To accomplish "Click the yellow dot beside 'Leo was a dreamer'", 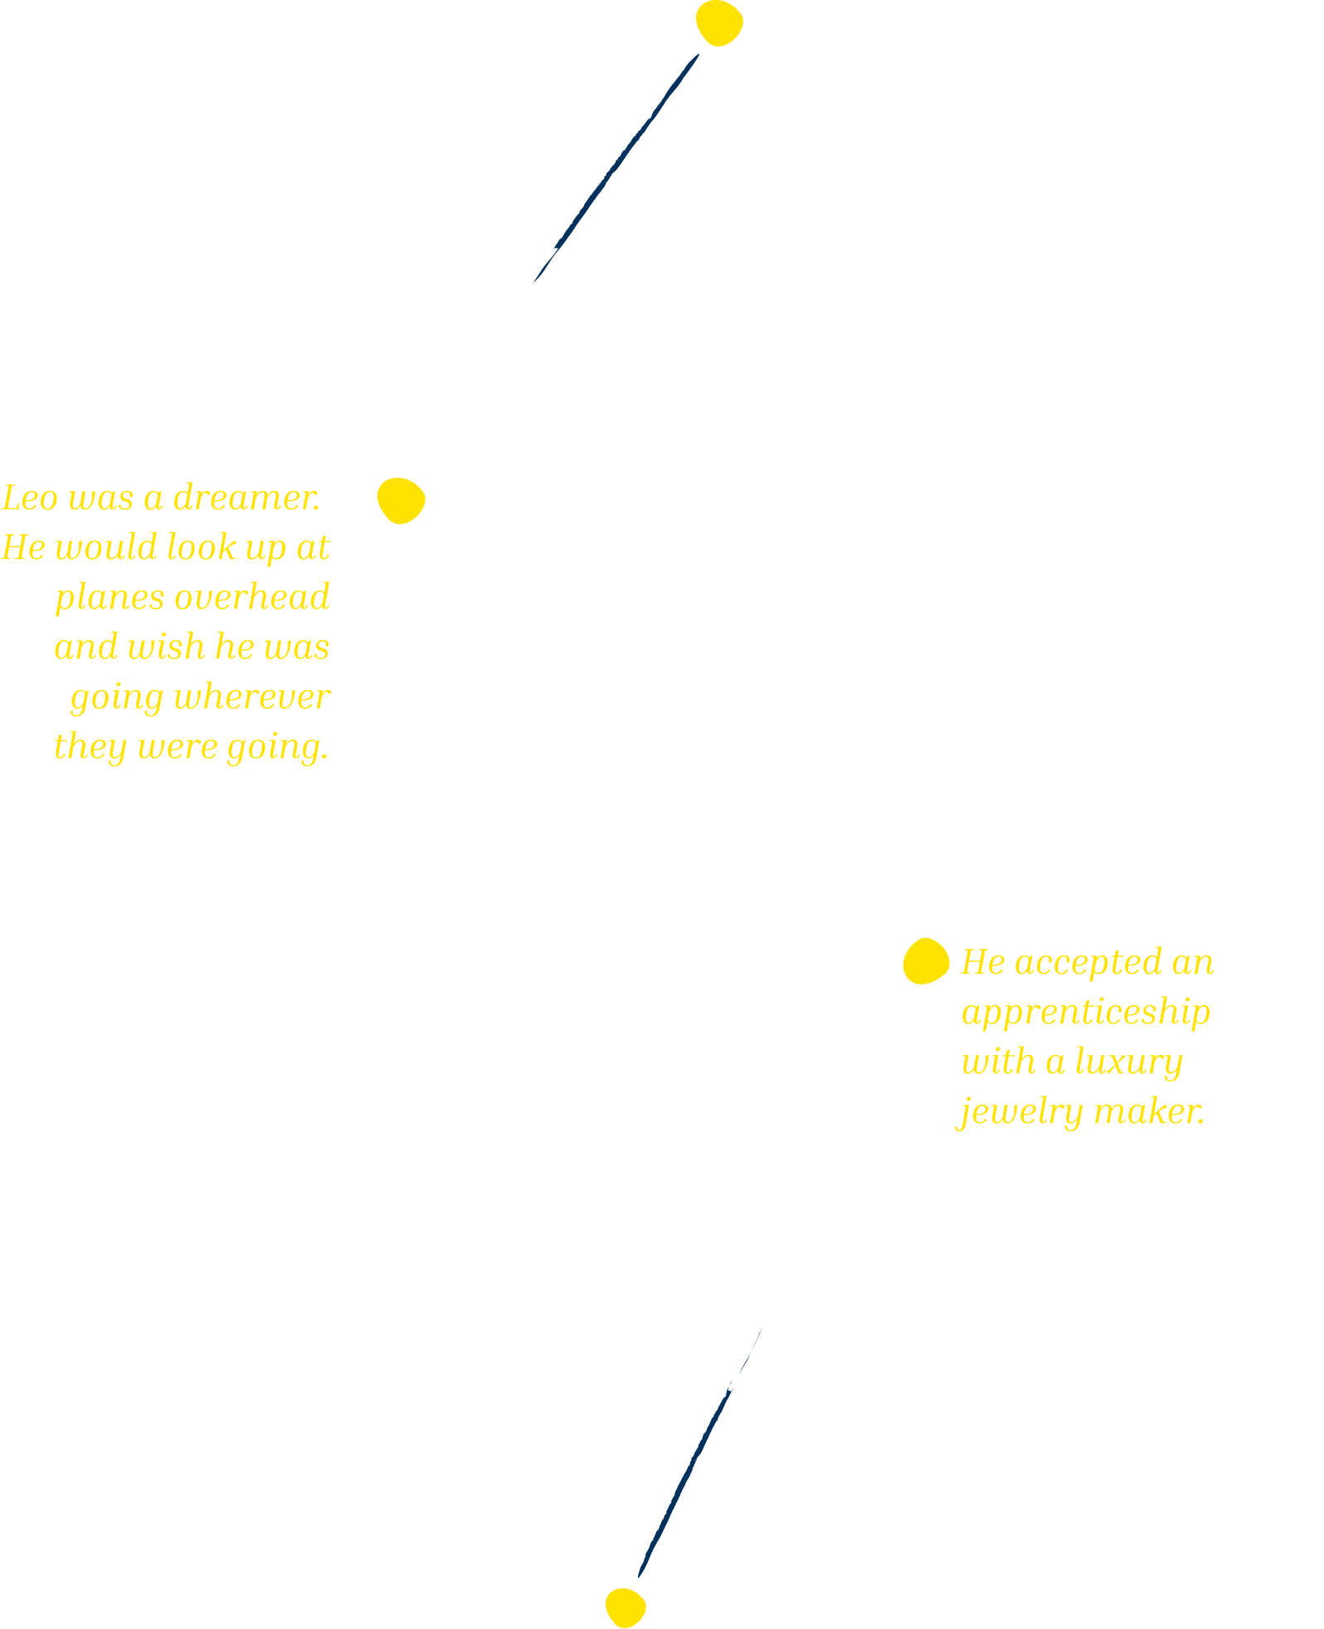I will tap(401, 501).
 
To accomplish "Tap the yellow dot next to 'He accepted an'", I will tap(926, 961).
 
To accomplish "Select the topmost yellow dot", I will tap(719, 23).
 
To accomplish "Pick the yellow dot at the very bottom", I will tap(625, 1607).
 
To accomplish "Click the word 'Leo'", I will tap(30, 498).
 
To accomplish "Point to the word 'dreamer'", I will tap(246, 498).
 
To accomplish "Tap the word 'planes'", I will tap(110, 597).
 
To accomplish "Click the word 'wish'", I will tap(166, 647).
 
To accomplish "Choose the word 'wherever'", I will tap(252, 697).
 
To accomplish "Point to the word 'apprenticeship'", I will tap(1085, 1012).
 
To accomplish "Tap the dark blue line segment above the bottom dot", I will tap(684, 1485).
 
